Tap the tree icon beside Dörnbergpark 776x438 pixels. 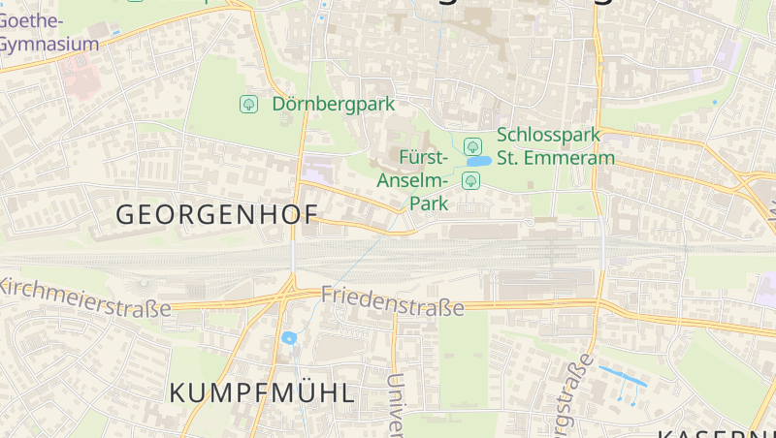(248, 103)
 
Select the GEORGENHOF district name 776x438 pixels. (216, 215)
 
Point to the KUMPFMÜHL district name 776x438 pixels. (262, 392)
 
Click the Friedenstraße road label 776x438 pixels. (393, 300)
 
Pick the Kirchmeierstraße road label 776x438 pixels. (85, 297)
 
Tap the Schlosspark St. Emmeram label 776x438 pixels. (555, 146)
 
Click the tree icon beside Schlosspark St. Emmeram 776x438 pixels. (473, 146)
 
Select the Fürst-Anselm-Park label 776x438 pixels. (424, 180)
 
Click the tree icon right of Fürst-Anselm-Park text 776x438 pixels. (471, 180)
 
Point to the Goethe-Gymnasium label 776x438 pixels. (48, 32)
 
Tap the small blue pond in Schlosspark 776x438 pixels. (478, 163)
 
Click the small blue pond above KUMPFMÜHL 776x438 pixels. (289, 338)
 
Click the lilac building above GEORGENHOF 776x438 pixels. (316, 174)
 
